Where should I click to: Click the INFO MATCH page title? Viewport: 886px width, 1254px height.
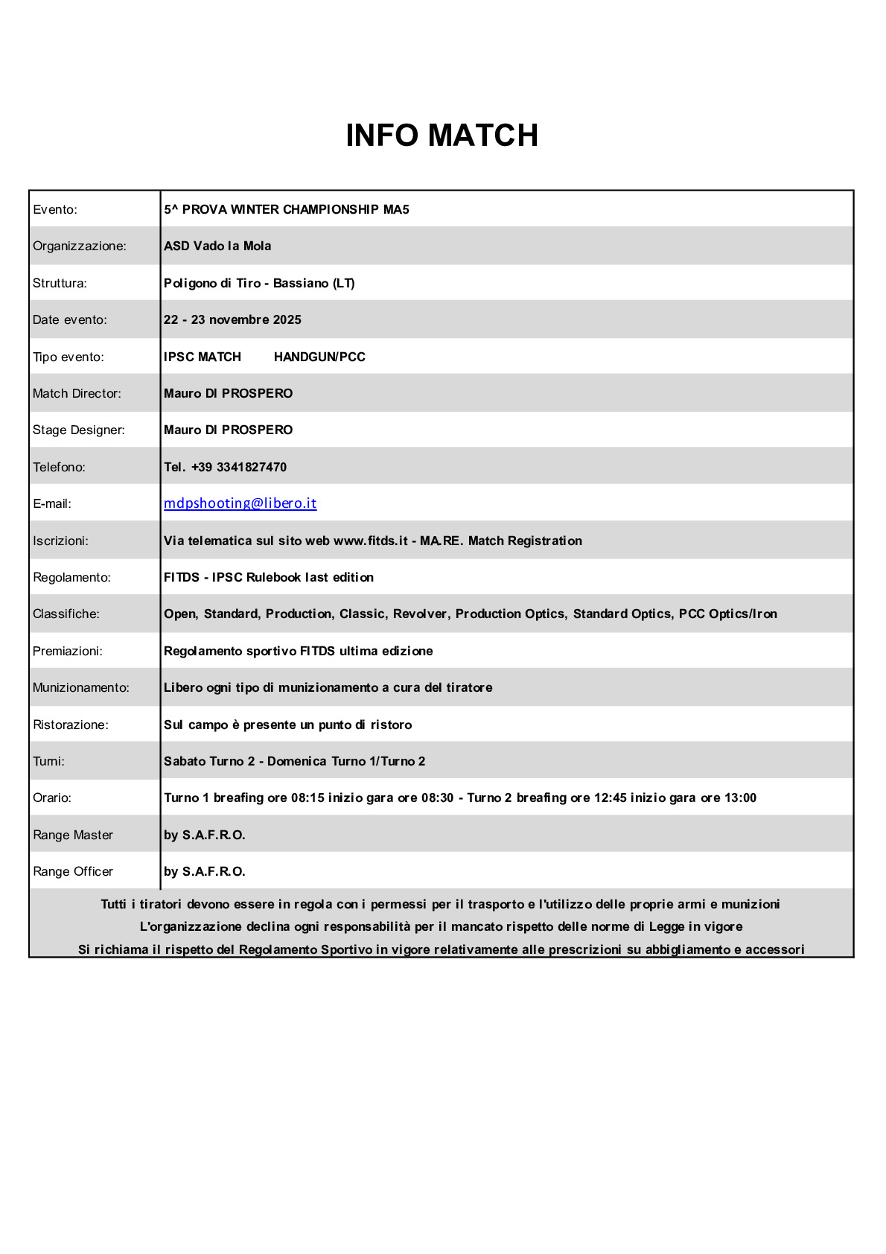(442, 136)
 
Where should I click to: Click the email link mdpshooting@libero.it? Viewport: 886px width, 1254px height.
(240, 503)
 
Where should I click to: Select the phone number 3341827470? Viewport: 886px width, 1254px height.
(251, 467)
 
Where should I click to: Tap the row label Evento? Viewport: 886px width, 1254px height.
(55, 209)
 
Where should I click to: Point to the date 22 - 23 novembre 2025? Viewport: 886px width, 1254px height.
(232, 319)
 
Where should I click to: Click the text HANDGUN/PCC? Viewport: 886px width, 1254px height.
(319, 357)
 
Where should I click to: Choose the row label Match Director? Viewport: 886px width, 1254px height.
(77, 393)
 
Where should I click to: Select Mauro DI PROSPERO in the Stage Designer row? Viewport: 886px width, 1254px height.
(228, 430)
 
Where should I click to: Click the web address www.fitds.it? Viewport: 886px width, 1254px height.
(371, 541)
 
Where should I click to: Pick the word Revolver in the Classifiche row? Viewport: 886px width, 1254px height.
(420, 614)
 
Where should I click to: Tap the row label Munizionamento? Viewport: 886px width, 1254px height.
(81, 687)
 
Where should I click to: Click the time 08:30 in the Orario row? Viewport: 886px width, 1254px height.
(437, 798)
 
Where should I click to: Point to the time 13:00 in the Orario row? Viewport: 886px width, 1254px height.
(740, 798)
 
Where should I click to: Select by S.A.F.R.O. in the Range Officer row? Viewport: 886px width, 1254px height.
(204, 871)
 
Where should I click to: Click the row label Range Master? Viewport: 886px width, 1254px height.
(73, 835)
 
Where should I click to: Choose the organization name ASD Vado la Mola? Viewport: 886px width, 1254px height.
(217, 246)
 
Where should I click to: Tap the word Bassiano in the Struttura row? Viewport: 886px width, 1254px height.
(301, 283)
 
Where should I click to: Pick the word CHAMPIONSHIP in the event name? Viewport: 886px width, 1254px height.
(331, 209)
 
